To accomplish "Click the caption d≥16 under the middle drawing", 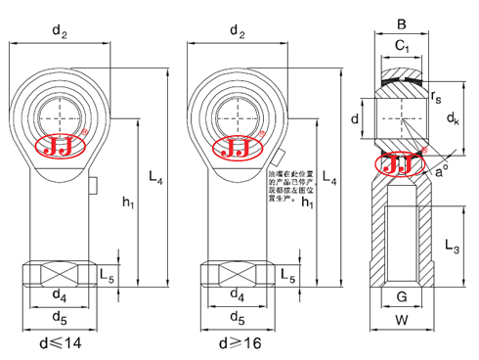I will point(236,345).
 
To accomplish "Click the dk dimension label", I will point(452,118).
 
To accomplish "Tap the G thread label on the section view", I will point(403,296).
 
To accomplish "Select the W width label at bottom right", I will point(403,318).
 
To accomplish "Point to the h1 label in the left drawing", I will point(128,202).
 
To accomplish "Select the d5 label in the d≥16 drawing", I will point(236,317).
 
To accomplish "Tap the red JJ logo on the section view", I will point(403,163).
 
